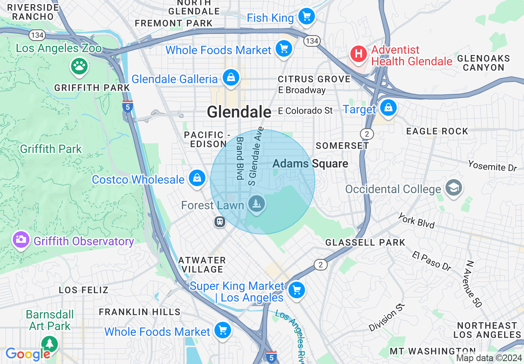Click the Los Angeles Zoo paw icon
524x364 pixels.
pyautogui.click(x=79, y=65)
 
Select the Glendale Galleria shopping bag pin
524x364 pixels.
pyautogui.click(x=231, y=77)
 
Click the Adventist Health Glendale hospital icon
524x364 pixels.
pyautogui.click(x=358, y=54)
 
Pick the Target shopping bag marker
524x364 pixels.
pyautogui.click(x=388, y=108)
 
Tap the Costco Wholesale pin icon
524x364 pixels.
pyautogui.click(x=197, y=178)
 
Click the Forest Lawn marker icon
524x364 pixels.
pyautogui.click(x=257, y=204)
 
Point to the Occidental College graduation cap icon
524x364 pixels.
pyautogui.click(x=453, y=188)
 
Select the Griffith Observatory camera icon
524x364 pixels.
pyautogui.click(x=20, y=240)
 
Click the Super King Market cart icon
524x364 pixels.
pyautogui.click(x=296, y=290)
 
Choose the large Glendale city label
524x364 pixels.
pyautogui.click(x=239, y=112)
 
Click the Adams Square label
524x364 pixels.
pyautogui.click(x=310, y=164)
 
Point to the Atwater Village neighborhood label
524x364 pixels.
pyautogui.click(x=202, y=265)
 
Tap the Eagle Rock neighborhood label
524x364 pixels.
pyautogui.click(x=437, y=132)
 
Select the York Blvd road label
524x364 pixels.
pyautogui.click(x=416, y=221)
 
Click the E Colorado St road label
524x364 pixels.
pyautogui.click(x=305, y=111)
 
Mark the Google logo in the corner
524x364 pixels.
pyautogui.click(x=27, y=354)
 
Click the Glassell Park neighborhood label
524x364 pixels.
pyautogui.click(x=365, y=242)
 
